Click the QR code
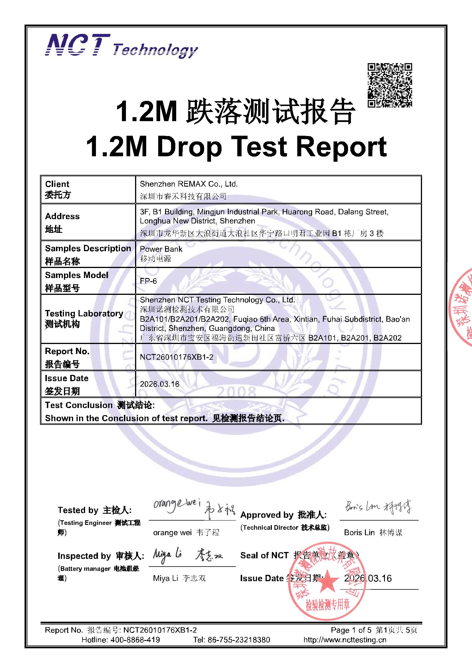pos(390,85)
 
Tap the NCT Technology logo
pos(121,46)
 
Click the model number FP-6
pos(148,281)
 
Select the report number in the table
pos(176,357)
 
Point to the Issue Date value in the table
pos(160,384)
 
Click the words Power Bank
pos(161,249)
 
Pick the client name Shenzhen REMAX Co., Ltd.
pos(189,184)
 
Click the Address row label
pos(62,217)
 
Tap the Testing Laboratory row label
pos(84,314)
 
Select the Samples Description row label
pos(88,249)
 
